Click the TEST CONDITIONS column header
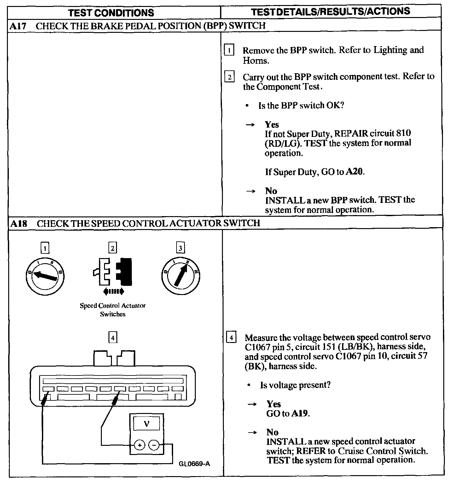(x=111, y=13)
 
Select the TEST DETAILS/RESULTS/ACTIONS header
(x=331, y=12)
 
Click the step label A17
(x=18, y=26)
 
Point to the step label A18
(x=19, y=223)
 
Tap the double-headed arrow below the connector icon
(x=113, y=291)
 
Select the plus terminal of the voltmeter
(x=139, y=445)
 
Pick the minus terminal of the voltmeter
(x=154, y=445)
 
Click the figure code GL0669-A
(x=194, y=464)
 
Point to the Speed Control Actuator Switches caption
(x=113, y=310)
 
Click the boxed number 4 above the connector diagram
(x=113, y=338)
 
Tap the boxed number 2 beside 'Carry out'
(x=229, y=77)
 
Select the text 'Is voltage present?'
(x=295, y=385)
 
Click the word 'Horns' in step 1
(x=256, y=61)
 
